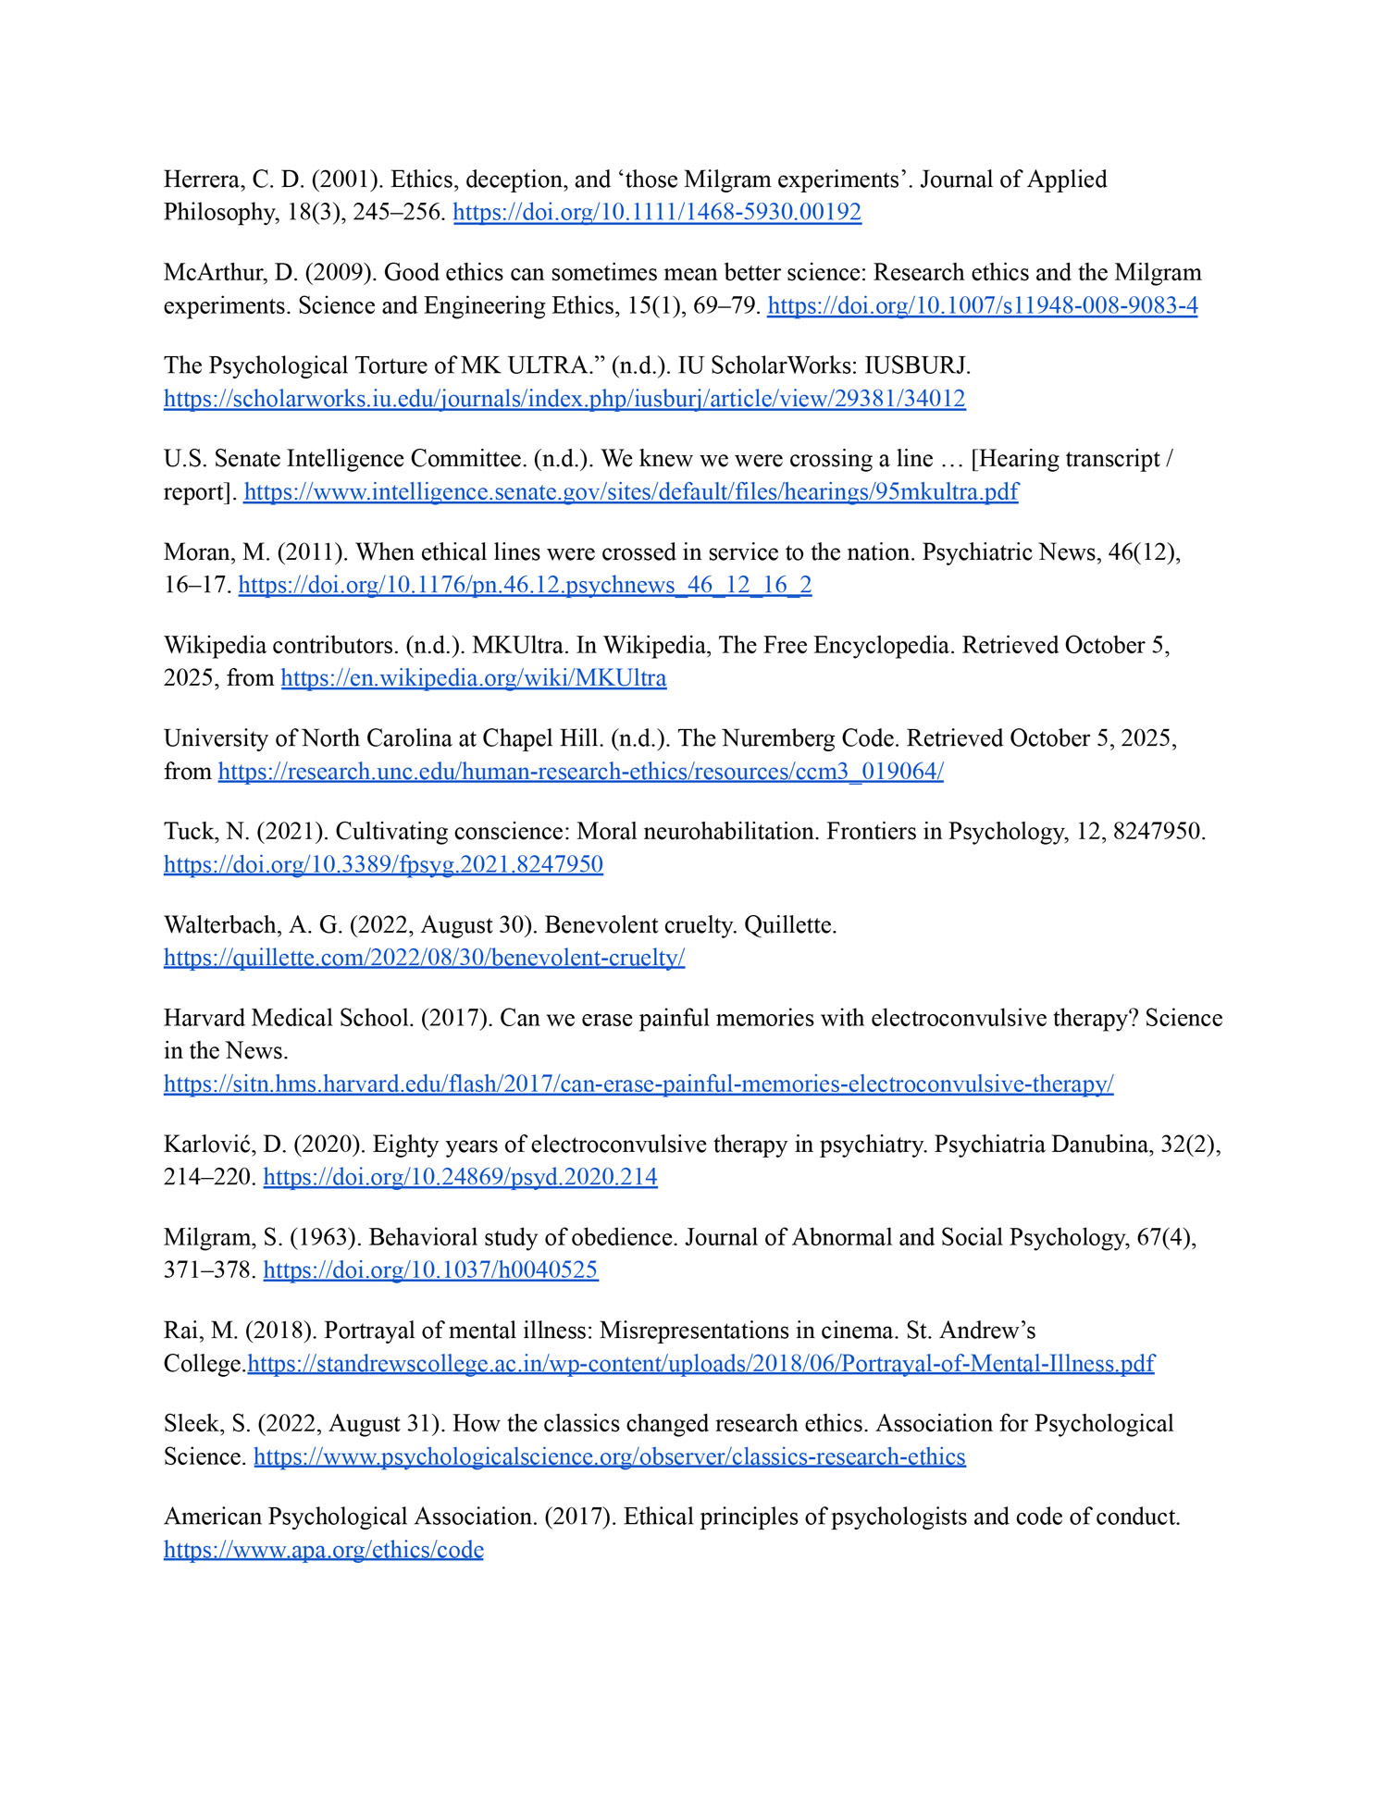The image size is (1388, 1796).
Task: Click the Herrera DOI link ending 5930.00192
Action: (x=657, y=213)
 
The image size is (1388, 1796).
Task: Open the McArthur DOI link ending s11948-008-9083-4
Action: (x=982, y=306)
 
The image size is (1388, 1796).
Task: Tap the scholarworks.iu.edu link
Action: (x=564, y=400)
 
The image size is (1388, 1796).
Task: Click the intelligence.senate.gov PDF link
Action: (x=631, y=492)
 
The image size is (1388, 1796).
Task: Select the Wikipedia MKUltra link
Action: (x=474, y=678)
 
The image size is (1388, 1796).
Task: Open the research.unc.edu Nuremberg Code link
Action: (x=580, y=772)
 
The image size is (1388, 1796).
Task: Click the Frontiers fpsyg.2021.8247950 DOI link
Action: (x=383, y=865)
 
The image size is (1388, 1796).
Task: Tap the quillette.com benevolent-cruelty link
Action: (x=424, y=958)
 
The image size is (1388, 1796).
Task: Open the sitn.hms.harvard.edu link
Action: (x=638, y=1084)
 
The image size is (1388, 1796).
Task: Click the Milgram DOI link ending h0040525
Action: (x=430, y=1270)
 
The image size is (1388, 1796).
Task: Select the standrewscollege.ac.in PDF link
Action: (x=700, y=1364)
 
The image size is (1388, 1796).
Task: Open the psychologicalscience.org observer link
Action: (x=609, y=1457)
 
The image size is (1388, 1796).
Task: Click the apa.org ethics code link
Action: (x=324, y=1550)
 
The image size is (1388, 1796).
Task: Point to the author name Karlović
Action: (x=210, y=1145)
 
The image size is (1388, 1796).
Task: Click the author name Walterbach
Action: (x=220, y=925)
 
